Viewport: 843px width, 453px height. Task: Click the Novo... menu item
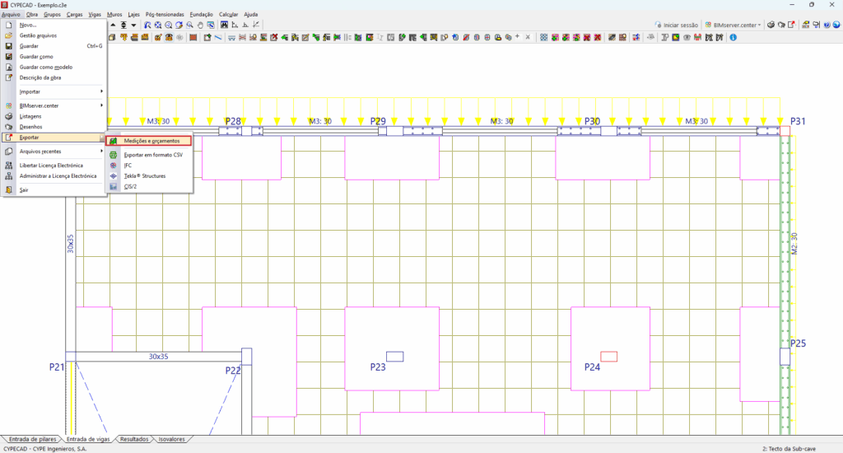point(28,25)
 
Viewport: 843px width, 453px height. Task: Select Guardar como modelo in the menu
point(45,67)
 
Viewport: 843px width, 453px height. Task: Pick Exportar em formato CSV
point(152,154)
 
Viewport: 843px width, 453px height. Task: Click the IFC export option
point(128,165)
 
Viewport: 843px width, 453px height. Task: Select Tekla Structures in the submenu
point(144,175)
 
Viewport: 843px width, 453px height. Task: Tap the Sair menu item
point(24,189)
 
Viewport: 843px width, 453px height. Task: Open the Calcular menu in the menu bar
point(228,15)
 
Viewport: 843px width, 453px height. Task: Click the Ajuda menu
point(250,15)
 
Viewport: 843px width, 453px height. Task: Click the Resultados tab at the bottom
point(134,439)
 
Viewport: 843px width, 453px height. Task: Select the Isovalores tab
point(171,439)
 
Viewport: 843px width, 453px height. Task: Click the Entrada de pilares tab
point(30,439)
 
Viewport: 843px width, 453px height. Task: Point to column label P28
point(233,121)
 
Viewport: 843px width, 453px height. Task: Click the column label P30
point(592,121)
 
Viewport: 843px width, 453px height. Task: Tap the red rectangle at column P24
point(608,356)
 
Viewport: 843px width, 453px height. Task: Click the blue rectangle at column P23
point(394,356)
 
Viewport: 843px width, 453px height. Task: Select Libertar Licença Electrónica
point(51,165)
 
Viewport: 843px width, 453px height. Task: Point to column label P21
point(56,367)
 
